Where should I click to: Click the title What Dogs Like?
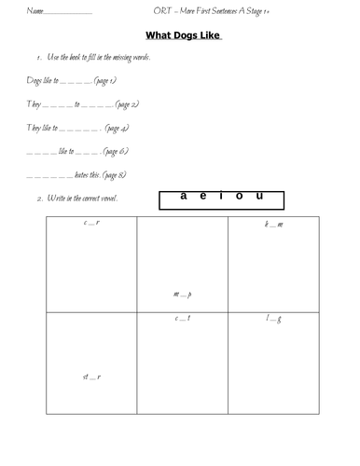click(189, 36)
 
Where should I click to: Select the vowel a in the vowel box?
click(184, 196)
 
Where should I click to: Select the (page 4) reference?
click(119, 128)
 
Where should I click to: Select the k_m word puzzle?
click(274, 226)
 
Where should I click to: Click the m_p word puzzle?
click(183, 296)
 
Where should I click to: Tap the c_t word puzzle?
click(183, 320)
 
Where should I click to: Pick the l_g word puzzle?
click(274, 320)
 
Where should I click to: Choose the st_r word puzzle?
click(91, 377)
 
